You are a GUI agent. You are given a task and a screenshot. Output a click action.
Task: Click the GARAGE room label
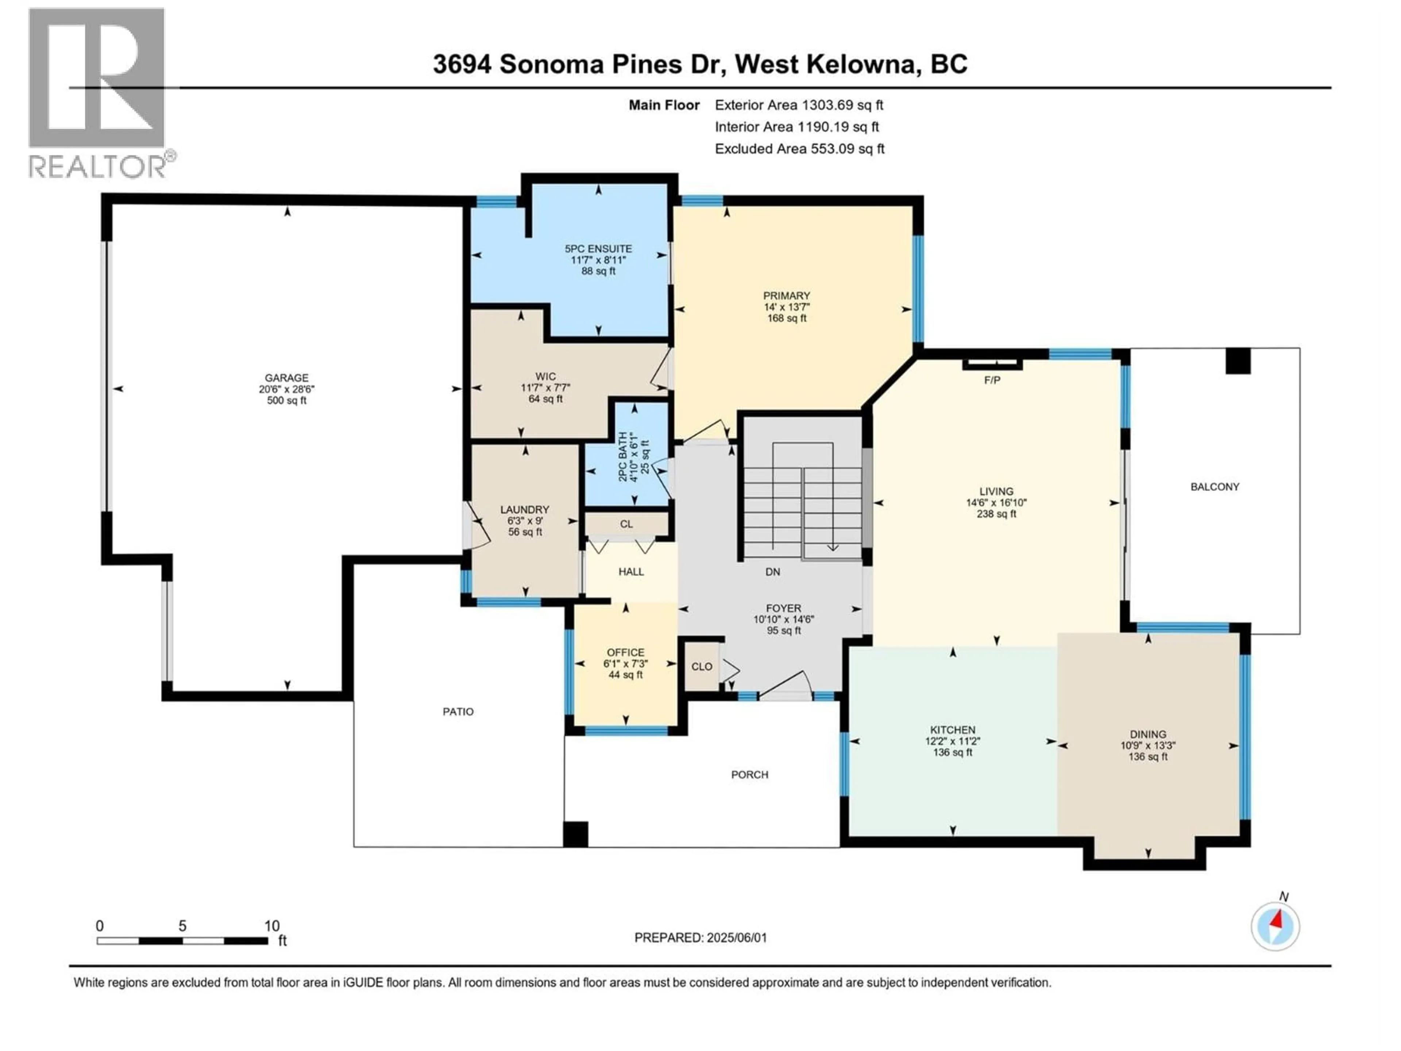point(287,378)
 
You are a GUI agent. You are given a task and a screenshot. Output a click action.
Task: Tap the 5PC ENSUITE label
point(598,249)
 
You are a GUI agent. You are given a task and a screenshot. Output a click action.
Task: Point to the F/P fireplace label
point(992,380)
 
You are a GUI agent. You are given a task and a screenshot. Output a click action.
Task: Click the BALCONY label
point(1214,486)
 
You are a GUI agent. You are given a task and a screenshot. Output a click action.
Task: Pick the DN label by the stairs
point(772,571)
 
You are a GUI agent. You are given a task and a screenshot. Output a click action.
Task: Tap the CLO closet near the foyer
point(701,666)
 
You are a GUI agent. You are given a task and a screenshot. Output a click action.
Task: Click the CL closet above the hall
point(626,524)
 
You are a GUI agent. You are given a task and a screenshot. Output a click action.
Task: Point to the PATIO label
point(458,712)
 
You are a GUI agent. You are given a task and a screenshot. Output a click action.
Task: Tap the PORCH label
point(749,774)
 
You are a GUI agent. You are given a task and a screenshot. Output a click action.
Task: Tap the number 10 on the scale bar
point(272,925)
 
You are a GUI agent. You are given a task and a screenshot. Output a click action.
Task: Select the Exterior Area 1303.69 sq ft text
point(799,105)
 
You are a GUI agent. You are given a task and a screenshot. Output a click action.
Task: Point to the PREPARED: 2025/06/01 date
point(700,938)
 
